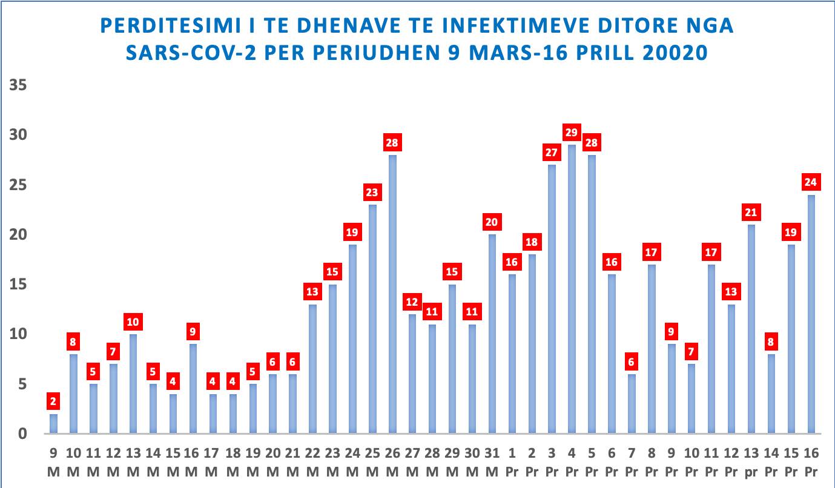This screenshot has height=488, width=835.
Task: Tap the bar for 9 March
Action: (53, 424)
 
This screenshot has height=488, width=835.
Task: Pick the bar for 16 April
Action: (810, 314)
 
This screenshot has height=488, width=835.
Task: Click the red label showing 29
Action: (572, 133)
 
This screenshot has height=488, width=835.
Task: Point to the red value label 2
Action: (53, 401)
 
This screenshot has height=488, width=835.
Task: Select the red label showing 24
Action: (810, 182)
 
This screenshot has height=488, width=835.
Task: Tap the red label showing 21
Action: (751, 213)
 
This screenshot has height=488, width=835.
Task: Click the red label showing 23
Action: (372, 193)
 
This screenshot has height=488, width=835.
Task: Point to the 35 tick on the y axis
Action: (19, 85)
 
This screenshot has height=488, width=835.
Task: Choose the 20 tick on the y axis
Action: (19, 234)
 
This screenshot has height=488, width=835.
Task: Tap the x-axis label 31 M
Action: (492, 462)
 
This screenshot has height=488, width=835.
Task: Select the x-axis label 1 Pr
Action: (512, 462)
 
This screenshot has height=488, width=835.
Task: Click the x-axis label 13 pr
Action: (751, 462)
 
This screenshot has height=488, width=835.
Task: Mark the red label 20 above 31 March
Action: (492, 222)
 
